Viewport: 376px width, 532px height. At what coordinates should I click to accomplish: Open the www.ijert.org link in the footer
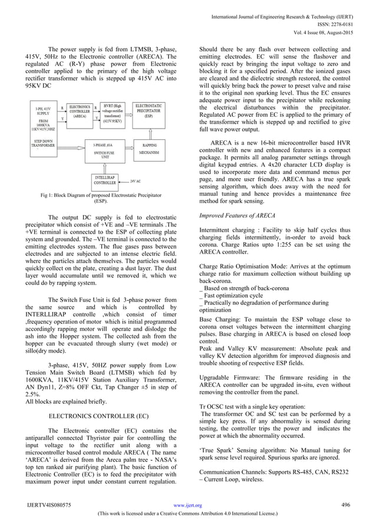pos(189,505)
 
